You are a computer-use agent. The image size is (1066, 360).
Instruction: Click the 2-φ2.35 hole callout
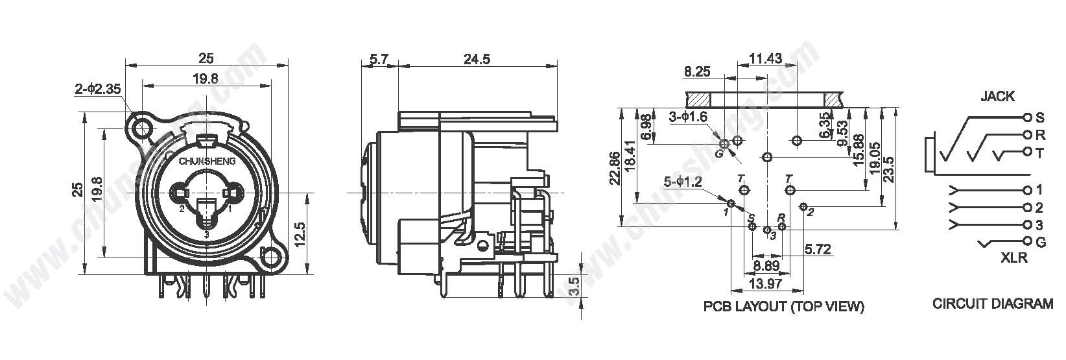point(97,89)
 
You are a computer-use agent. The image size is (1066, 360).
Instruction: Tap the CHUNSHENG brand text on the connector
point(207,162)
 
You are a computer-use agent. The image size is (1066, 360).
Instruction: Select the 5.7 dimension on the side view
point(379,60)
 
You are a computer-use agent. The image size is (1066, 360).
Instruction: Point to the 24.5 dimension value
point(477,59)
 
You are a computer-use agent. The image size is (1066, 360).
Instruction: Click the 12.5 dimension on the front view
point(300,235)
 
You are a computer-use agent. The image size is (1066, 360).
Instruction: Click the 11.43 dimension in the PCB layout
point(765,58)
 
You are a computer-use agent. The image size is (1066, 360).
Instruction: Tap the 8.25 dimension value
point(696,72)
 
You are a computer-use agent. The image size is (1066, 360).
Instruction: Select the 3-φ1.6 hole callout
point(688,117)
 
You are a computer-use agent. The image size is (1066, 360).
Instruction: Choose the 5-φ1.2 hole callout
point(683,182)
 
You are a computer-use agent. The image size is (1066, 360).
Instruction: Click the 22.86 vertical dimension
point(615,167)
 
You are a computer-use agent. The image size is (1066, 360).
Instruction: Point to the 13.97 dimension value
point(765,284)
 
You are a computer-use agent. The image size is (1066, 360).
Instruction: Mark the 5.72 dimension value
point(818,249)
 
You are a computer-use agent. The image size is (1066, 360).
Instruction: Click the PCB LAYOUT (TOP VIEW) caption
point(783,306)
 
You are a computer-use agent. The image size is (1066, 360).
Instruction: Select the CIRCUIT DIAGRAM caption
point(992,304)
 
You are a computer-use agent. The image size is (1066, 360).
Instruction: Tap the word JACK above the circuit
point(997,96)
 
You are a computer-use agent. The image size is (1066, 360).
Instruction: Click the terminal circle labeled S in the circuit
point(1028,117)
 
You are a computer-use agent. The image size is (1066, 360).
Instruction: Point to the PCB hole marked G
point(724,143)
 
